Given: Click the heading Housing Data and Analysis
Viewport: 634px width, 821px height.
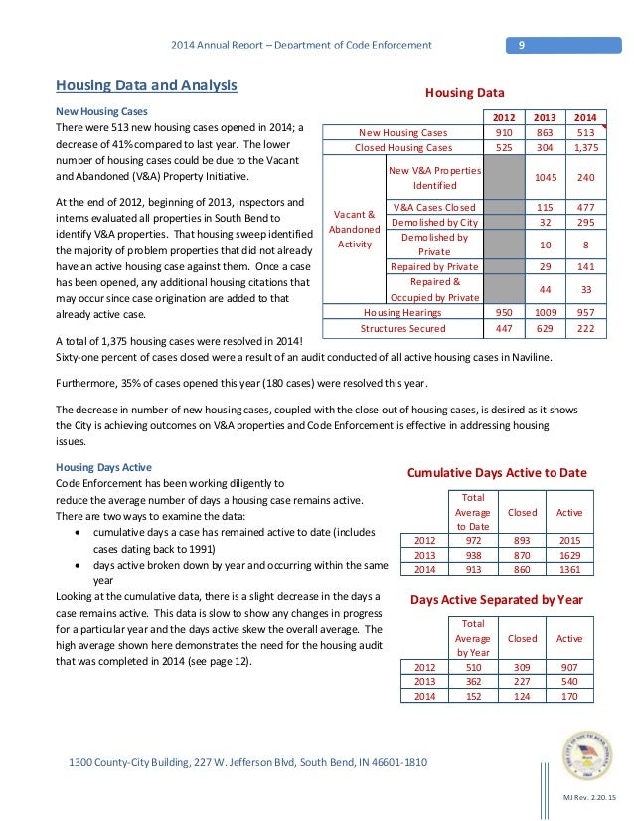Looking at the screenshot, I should click(x=145, y=86).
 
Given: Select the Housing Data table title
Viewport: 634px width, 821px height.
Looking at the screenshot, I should click(x=465, y=93).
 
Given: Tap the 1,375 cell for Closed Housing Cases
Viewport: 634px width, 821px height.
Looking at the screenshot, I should click(x=586, y=147).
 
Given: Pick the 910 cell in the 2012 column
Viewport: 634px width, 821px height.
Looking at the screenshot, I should click(x=505, y=132).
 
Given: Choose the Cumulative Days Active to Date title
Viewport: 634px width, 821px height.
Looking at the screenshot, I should click(x=497, y=472).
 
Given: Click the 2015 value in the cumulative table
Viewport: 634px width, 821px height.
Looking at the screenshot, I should click(x=569, y=539).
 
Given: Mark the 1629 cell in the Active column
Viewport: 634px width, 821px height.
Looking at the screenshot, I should click(x=569, y=554).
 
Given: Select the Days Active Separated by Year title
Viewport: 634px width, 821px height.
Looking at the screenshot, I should click(x=497, y=600).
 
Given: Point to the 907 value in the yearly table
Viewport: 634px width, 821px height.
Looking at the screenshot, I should click(x=569, y=666).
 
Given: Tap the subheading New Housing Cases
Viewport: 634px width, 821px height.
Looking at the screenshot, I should click(x=101, y=110).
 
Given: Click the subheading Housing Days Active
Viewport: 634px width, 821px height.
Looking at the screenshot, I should click(x=103, y=466).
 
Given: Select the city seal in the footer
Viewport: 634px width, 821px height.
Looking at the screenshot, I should click(x=586, y=756).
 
